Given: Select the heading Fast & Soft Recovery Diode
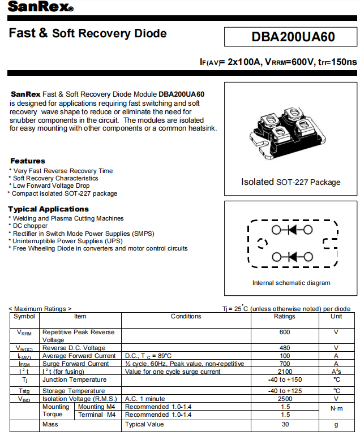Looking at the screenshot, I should coord(88,33).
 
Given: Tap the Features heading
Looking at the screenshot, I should coord(28,161).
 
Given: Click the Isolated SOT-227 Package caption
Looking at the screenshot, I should coord(291,182).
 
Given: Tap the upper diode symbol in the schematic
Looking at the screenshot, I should coord(292,230).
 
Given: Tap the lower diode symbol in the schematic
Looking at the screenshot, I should coord(292,257).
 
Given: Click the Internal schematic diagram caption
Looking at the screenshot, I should coord(291,283).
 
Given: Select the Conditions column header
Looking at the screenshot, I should coord(186,317).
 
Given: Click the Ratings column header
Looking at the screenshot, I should coord(284,317).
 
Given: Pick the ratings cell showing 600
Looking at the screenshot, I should coord(284,333).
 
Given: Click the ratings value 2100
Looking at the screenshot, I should coord(284,372).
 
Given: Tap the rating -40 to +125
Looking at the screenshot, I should coord(284,391).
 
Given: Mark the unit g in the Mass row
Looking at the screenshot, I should coord(336,424).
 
